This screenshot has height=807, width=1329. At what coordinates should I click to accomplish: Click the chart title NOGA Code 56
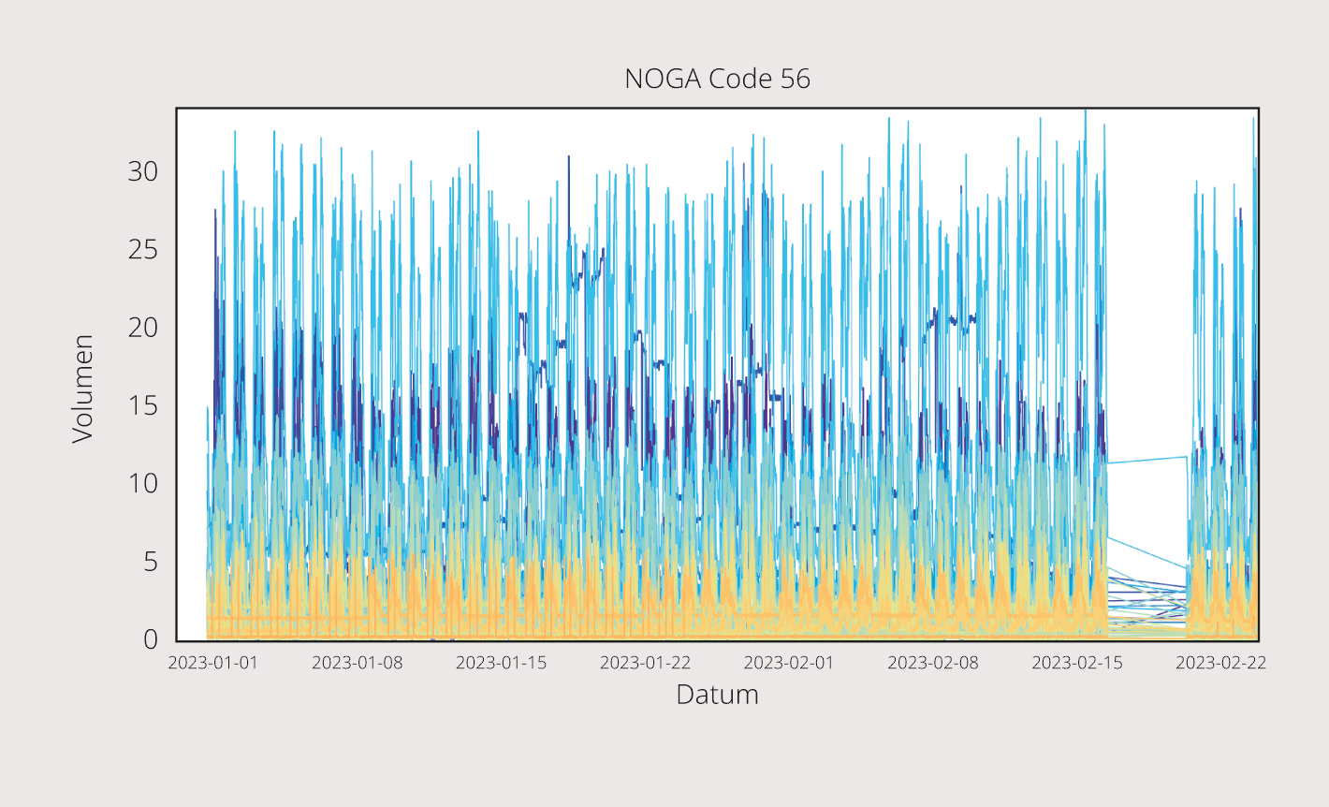tap(717, 79)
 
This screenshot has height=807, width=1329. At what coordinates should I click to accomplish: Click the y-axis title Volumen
tap(83, 389)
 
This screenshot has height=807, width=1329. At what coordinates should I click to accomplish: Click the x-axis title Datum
tap(717, 695)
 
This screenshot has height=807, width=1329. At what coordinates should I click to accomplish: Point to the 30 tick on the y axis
tap(143, 171)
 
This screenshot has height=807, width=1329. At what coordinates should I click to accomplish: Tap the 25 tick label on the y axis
tap(143, 250)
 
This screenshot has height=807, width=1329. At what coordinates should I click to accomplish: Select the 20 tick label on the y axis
tap(143, 328)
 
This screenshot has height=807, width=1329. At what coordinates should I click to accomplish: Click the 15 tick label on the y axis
tap(143, 405)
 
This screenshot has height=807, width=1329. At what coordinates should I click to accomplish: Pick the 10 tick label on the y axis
tap(143, 483)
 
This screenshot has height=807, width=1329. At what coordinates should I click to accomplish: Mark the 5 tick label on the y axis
tap(151, 562)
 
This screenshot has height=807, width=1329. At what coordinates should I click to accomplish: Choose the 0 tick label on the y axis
tap(151, 639)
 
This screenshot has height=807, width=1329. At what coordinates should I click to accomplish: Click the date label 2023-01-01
tap(212, 663)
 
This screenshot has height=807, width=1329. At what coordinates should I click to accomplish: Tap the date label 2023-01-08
tap(357, 663)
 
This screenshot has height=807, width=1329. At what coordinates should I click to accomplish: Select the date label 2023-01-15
tap(501, 663)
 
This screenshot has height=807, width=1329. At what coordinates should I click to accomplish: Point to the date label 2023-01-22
tap(645, 663)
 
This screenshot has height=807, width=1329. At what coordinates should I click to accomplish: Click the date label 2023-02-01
tap(789, 663)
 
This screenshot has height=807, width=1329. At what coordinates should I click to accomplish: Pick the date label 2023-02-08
tap(933, 663)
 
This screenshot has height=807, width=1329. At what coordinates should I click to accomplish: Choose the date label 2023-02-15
tap(1077, 663)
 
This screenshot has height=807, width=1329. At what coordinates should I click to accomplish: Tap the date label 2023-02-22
tap(1220, 663)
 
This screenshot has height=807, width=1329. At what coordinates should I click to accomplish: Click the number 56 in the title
tap(795, 79)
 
